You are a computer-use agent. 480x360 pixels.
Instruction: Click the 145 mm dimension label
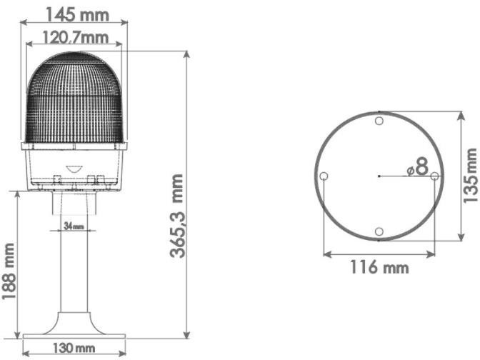(77, 15)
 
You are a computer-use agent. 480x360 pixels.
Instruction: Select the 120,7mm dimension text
(75, 38)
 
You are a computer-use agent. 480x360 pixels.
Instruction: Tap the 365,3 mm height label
(177, 216)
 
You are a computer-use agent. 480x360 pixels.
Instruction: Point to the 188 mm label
(9, 271)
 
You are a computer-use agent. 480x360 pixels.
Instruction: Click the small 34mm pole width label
(74, 226)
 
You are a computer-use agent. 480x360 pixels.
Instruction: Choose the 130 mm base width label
(74, 348)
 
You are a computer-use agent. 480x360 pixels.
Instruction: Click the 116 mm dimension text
(379, 267)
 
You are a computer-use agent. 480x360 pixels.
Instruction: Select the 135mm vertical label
(471, 176)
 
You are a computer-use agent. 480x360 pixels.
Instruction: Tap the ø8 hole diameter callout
(418, 167)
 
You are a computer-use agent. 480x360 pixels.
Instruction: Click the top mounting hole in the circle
(379, 121)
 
